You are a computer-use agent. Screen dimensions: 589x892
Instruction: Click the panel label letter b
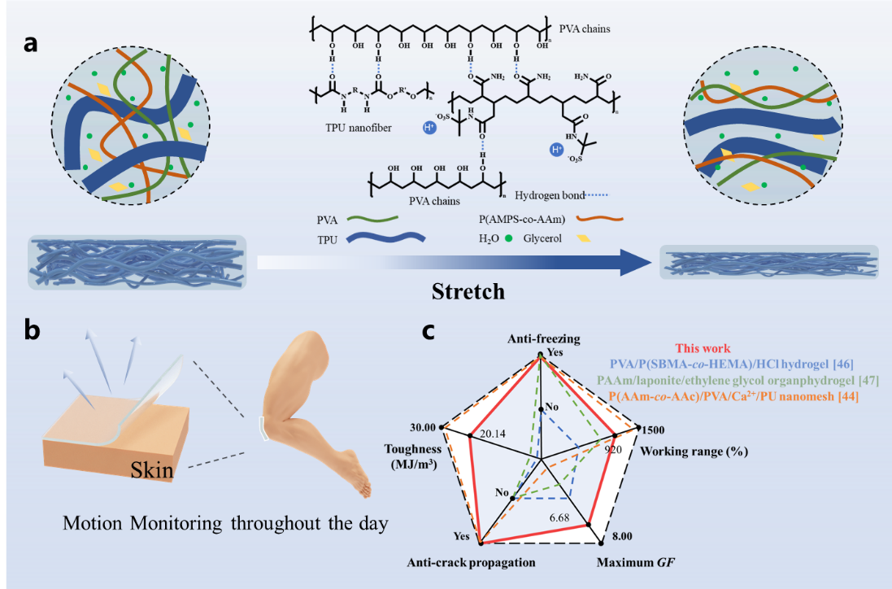(x=31, y=332)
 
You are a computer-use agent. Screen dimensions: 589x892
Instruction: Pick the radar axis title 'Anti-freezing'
(x=539, y=339)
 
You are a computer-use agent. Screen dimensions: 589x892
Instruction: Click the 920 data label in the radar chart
(x=613, y=448)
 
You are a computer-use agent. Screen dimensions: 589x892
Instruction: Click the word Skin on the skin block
(x=149, y=469)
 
